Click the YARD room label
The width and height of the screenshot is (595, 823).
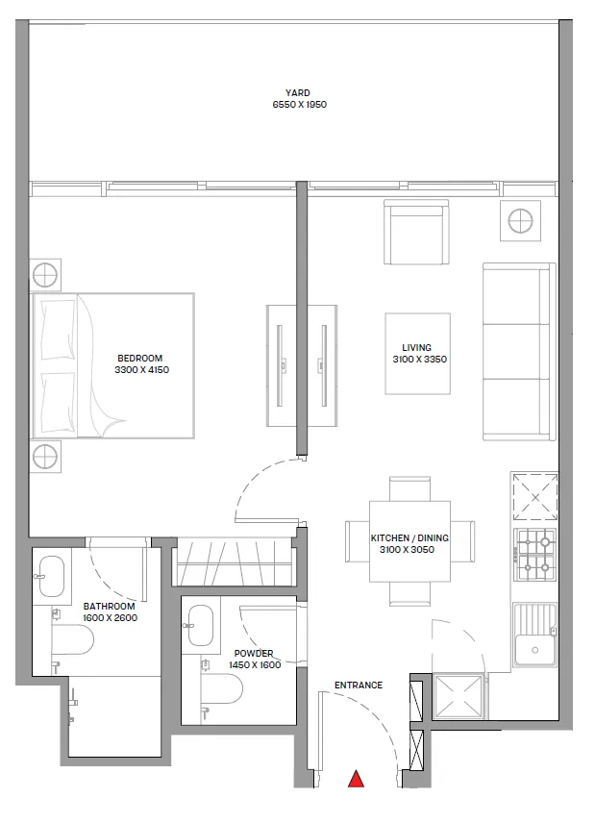click(x=298, y=93)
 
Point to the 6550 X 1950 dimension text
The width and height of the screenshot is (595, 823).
click(x=298, y=104)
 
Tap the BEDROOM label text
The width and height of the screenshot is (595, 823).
click(x=140, y=359)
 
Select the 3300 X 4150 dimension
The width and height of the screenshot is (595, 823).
click(x=140, y=369)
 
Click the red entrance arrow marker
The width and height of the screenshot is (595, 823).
click(x=357, y=779)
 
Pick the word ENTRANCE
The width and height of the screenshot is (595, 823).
click(x=359, y=686)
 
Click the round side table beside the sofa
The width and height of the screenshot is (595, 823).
click(x=520, y=221)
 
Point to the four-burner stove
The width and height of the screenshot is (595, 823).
click(x=535, y=556)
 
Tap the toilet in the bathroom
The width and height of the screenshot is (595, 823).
click(x=71, y=637)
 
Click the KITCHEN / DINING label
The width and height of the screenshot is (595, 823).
click(x=410, y=538)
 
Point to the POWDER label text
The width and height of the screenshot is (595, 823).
click(x=254, y=654)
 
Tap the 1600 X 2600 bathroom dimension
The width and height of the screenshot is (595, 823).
click(x=110, y=617)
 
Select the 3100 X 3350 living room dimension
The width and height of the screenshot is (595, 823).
click(x=417, y=359)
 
